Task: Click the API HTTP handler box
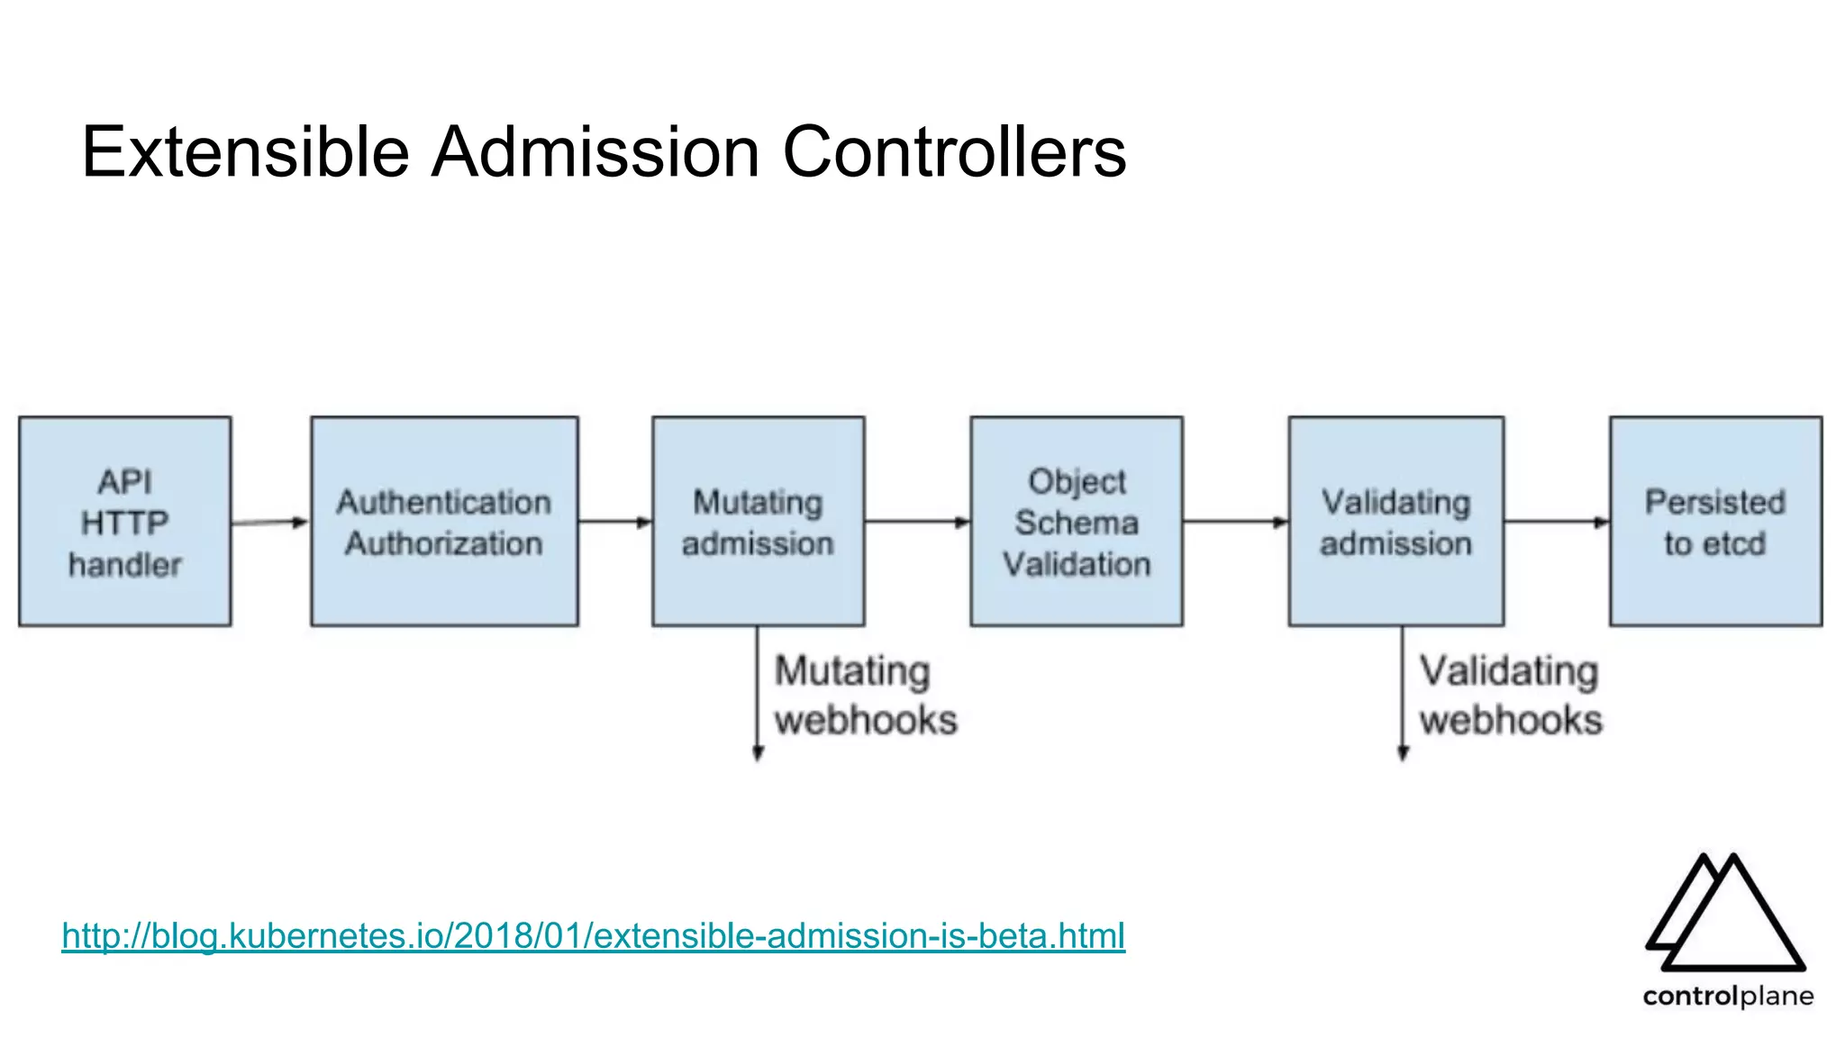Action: [x=124, y=522]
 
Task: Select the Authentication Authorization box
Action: [x=444, y=522]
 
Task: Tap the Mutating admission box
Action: [x=758, y=522]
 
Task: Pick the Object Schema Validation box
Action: [x=1077, y=522]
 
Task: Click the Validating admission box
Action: [x=1395, y=522]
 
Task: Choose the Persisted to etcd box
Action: [x=1715, y=522]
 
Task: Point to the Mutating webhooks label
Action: [x=864, y=696]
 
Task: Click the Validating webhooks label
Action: [x=1510, y=696]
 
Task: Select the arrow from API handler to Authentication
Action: [x=270, y=523]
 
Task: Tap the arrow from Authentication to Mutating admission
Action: [x=615, y=522]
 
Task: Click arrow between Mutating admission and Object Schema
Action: [x=917, y=522]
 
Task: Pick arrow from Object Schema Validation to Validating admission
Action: [x=1235, y=522]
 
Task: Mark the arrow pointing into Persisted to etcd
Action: [x=1557, y=522]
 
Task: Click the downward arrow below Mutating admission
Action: [x=758, y=694]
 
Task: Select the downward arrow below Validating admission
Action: [x=1403, y=694]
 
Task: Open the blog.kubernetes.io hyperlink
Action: [x=593, y=935]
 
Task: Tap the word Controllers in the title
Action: [x=954, y=151]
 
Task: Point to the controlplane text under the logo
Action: [x=1727, y=996]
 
